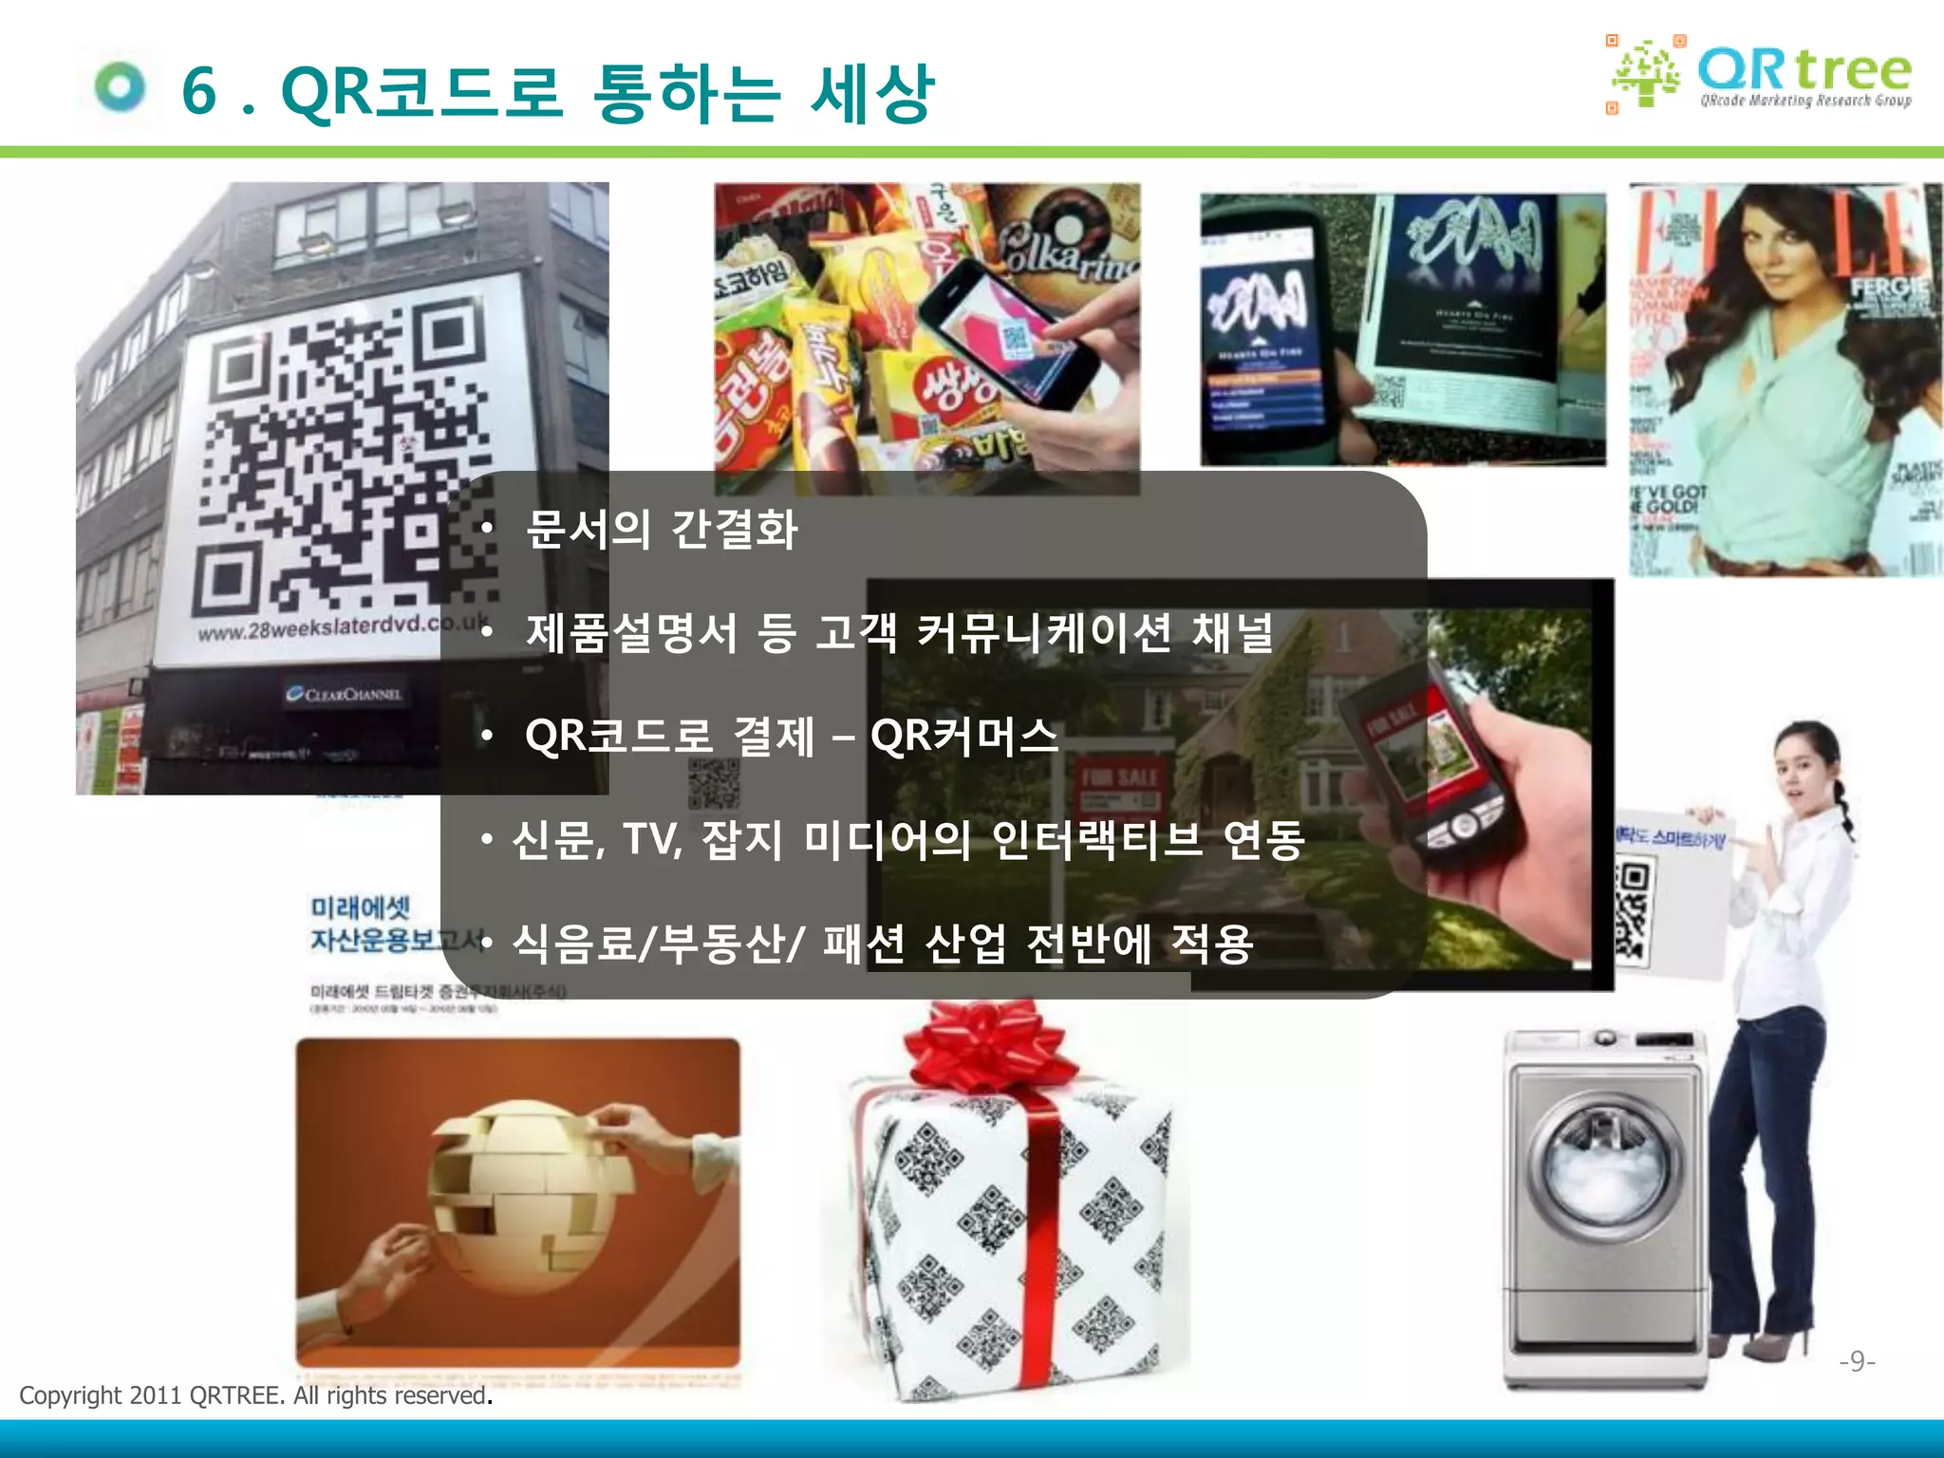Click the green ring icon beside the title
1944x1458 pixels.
click(121, 88)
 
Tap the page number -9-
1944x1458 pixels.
click(1857, 1361)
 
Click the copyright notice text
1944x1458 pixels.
click(255, 1395)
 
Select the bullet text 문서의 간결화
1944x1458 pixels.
click(662, 529)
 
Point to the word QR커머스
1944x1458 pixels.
click(963, 736)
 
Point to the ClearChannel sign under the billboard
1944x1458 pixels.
click(344, 694)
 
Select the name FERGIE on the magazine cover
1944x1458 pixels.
click(1888, 286)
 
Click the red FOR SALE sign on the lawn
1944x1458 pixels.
click(1120, 777)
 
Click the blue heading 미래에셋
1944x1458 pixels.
click(360, 907)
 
